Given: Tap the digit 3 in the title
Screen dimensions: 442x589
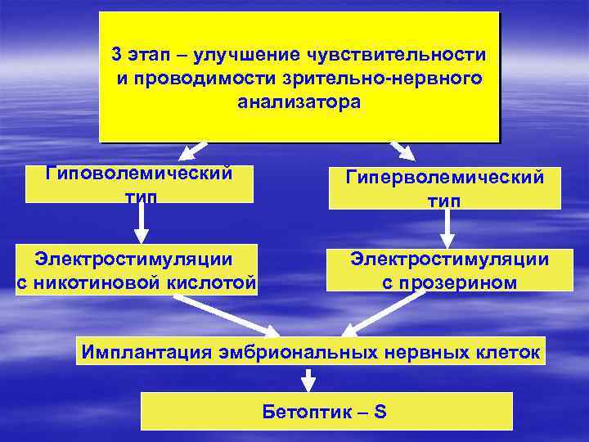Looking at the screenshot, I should [118, 55].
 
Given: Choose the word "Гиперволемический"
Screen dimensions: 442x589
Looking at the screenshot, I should [444, 178].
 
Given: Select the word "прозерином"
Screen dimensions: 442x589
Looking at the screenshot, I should [449, 283].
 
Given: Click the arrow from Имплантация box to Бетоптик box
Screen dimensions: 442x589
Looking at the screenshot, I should [308, 379].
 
